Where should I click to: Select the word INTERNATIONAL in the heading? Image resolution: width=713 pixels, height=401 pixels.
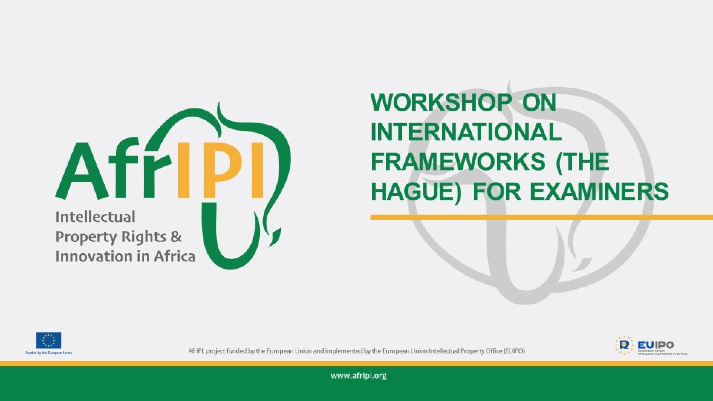[x=466, y=132]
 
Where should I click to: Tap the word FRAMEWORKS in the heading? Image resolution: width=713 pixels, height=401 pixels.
[x=458, y=162]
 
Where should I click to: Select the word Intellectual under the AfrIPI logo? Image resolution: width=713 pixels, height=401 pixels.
[x=95, y=217]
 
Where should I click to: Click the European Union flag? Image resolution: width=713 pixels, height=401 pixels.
[x=48, y=340]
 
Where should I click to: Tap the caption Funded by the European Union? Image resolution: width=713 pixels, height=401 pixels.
[x=48, y=353]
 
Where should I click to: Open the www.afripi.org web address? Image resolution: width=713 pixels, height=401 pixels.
[x=358, y=376]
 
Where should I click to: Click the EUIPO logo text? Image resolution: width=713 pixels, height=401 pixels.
[x=655, y=345]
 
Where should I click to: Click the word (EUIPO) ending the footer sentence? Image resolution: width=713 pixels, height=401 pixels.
[x=514, y=351]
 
